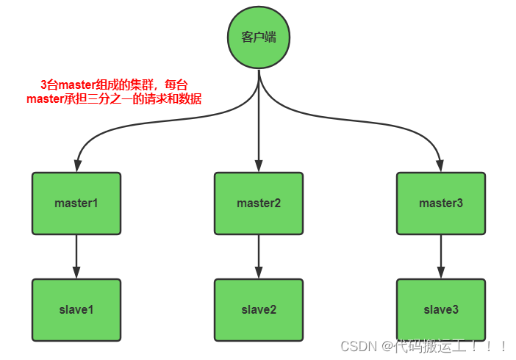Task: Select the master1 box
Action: pos(76,203)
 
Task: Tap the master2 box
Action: pos(259,203)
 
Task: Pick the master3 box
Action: pos(441,203)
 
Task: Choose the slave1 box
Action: pos(76,309)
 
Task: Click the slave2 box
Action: pos(259,309)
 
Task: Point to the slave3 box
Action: pos(441,309)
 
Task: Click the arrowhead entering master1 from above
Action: pos(76,166)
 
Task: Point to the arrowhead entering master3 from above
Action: pos(441,166)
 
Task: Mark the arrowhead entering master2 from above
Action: pos(259,166)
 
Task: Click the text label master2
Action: pos(259,203)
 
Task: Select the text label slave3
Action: pos(441,309)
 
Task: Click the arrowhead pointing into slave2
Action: pos(259,273)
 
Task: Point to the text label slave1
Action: pos(76,309)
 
